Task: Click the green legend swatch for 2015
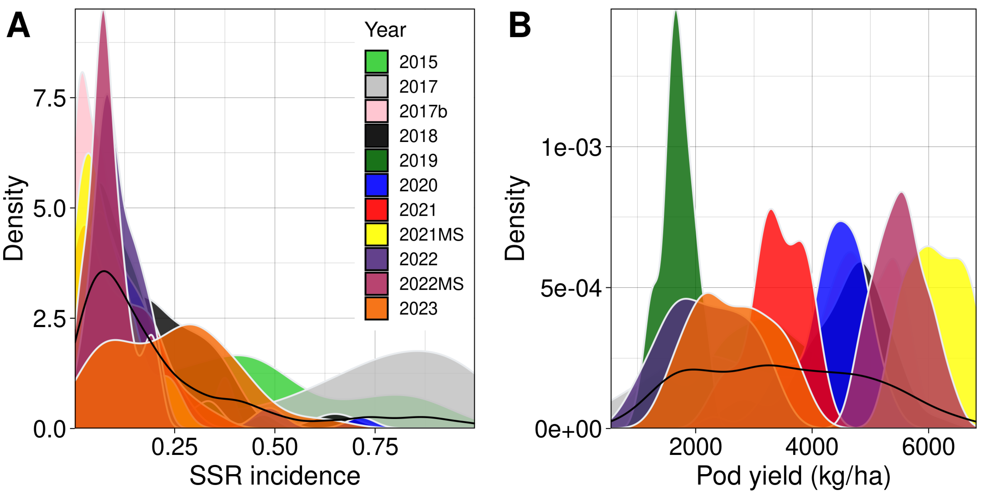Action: click(376, 62)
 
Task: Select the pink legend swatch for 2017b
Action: click(376, 111)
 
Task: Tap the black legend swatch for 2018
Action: click(376, 136)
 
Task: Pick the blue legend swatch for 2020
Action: click(376, 185)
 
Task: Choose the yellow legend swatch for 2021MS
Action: click(376, 234)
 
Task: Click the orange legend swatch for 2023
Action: click(376, 308)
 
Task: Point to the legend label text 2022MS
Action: click(431, 284)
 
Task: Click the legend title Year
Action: click(385, 30)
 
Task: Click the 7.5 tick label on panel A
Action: click(50, 98)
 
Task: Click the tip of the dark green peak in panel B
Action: click(676, 11)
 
